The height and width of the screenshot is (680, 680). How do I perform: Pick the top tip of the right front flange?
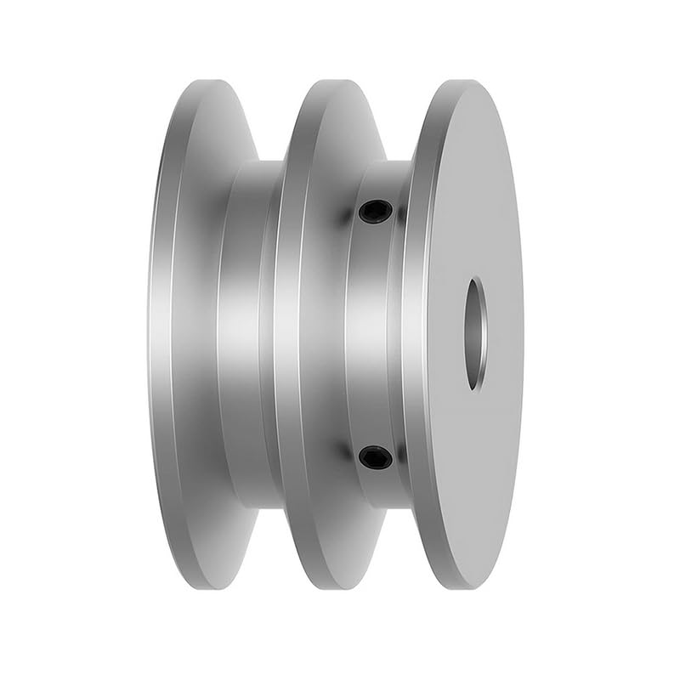pyautogui.click(x=467, y=81)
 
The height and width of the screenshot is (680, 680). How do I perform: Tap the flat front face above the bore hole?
pyautogui.click(x=472, y=187)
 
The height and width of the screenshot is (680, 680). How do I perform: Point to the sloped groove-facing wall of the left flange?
pyautogui.click(x=204, y=333)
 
